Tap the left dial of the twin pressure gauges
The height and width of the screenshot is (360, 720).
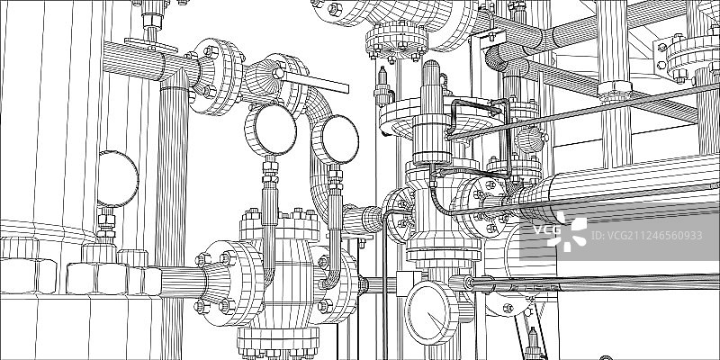[271, 129]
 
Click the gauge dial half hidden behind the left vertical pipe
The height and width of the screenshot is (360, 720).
[117, 178]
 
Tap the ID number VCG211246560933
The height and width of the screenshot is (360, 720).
[646, 236]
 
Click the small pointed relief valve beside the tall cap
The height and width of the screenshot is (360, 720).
[382, 85]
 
